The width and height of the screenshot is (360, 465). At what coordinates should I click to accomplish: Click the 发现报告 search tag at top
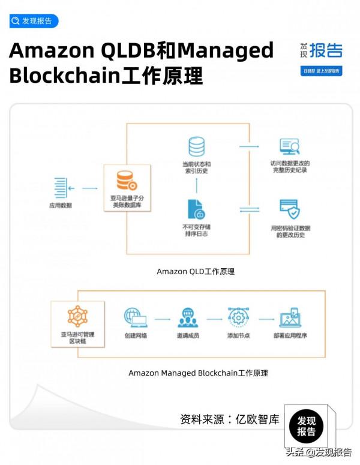click(34, 21)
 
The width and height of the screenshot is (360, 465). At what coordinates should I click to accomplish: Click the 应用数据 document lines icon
click(59, 188)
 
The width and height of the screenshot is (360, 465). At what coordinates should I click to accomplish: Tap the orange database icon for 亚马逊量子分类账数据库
click(126, 179)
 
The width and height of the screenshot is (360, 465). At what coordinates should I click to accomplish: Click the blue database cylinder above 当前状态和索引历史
click(196, 147)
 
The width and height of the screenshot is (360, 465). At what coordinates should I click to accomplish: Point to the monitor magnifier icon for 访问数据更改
click(289, 147)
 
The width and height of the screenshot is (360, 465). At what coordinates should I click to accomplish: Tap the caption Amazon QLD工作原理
click(196, 271)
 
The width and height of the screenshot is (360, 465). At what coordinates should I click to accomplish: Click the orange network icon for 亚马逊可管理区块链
click(77, 316)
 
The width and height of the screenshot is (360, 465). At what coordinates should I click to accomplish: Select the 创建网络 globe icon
click(136, 317)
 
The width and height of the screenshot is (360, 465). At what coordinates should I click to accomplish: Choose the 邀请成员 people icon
click(187, 317)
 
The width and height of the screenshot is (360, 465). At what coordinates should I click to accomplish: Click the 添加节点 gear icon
click(238, 317)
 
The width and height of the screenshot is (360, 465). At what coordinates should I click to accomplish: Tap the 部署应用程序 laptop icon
click(290, 317)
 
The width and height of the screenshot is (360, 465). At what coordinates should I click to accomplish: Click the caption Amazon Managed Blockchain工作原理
click(198, 373)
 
